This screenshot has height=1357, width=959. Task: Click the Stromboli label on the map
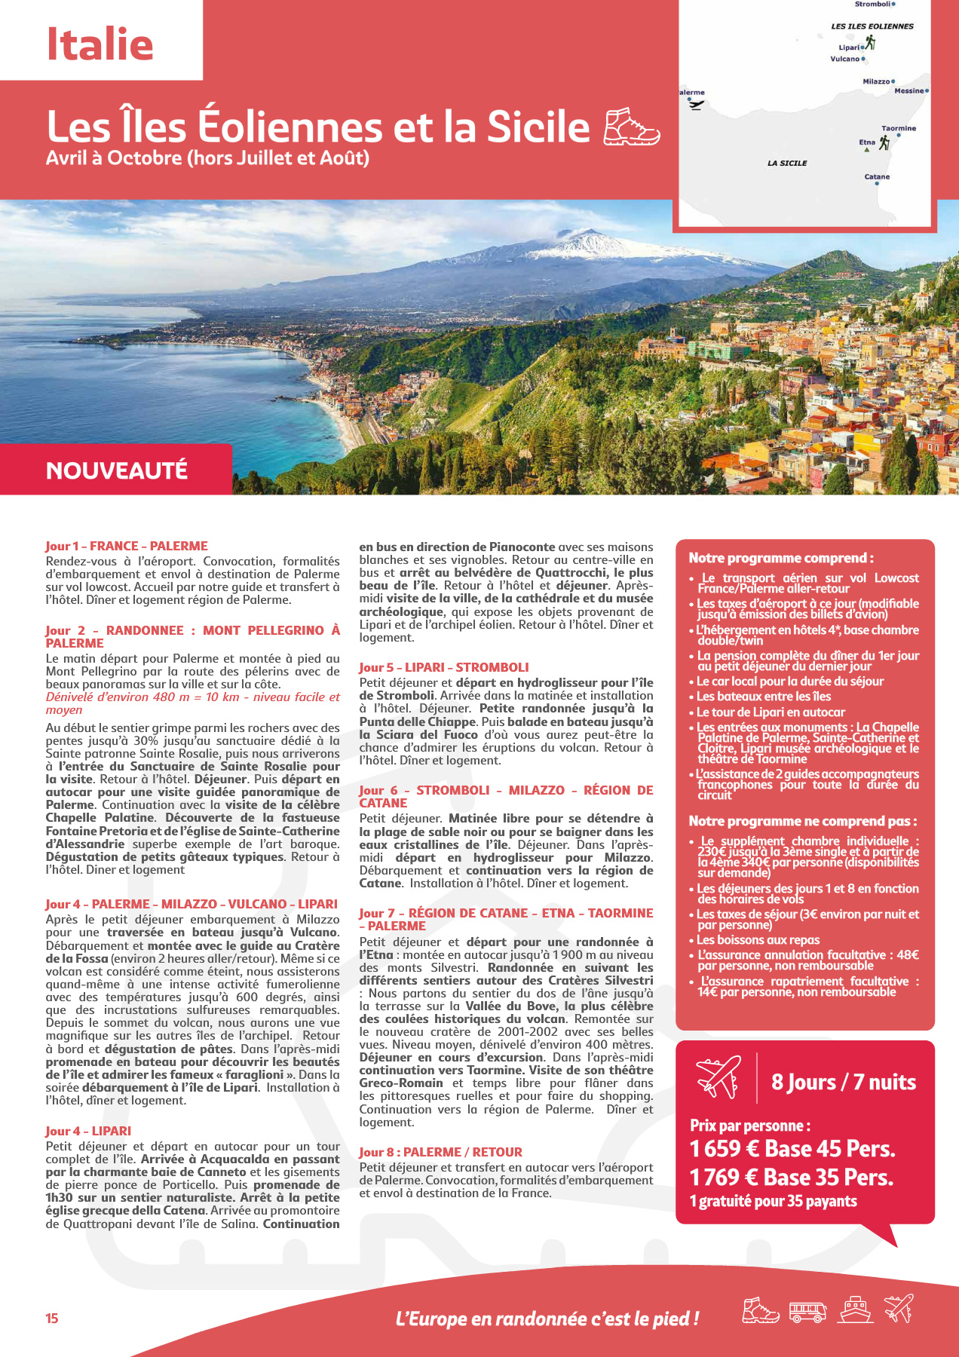click(872, 5)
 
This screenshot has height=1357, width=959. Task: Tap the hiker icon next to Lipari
click(870, 43)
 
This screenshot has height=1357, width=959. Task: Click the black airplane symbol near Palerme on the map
click(696, 104)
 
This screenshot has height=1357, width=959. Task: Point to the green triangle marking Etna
click(866, 149)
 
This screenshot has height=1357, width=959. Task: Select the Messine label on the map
click(908, 91)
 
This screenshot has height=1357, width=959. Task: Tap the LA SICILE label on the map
click(787, 163)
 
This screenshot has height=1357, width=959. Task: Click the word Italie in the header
click(100, 44)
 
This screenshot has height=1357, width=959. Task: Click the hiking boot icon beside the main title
click(632, 126)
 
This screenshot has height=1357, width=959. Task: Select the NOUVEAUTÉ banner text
click(116, 470)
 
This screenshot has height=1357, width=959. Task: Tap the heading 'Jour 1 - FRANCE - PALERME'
click(126, 546)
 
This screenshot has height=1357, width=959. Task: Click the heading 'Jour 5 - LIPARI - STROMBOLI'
click(443, 667)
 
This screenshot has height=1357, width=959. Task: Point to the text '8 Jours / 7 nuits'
click(844, 1083)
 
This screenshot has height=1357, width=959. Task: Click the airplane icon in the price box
click(718, 1077)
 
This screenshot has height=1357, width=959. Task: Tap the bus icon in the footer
click(807, 1312)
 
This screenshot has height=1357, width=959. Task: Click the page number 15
click(51, 1319)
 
